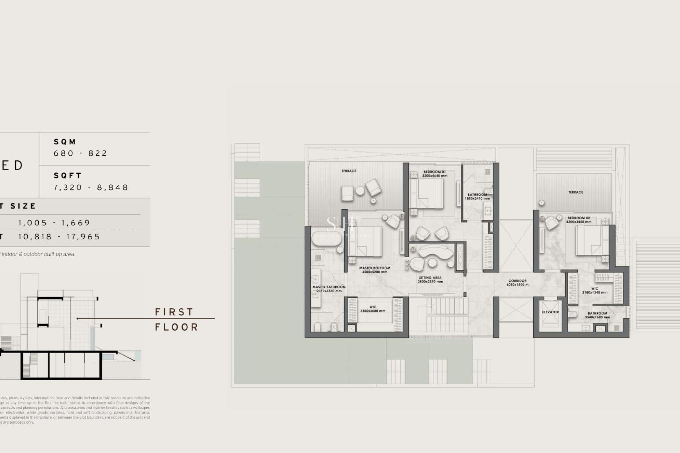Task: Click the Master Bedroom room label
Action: coord(374,268)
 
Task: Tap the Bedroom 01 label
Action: coord(434,172)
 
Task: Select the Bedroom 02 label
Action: coord(579,218)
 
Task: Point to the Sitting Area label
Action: coord(430,278)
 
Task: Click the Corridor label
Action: coord(517,281)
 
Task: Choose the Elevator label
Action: coord(550,312)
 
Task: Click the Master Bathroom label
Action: coord(329,287)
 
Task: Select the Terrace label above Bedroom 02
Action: coord(576,192)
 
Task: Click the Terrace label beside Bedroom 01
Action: coord(349,171)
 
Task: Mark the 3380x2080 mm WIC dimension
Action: coord(373,311)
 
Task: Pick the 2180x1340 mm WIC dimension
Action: coord(595,293)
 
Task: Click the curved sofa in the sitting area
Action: coord(436,251)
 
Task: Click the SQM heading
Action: coord(65,142)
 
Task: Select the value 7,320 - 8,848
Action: coord(91,187)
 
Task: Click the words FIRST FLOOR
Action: coord(176,319)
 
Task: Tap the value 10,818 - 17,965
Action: coord(59,236)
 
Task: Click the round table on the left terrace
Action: coord(360,191)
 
